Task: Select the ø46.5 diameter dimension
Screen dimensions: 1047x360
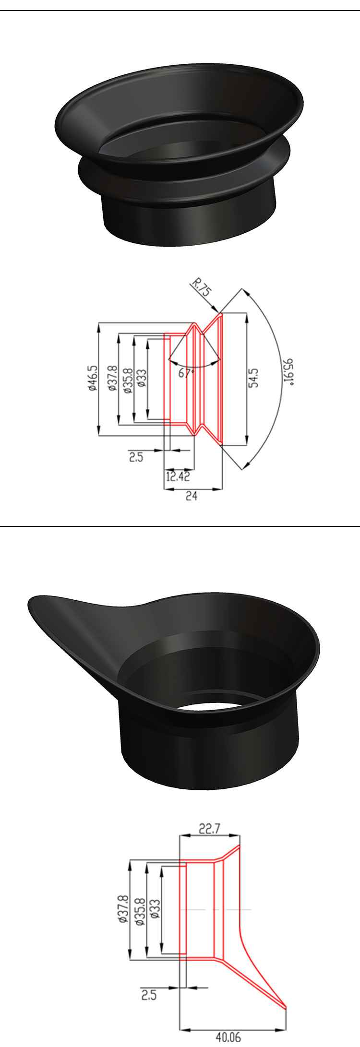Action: [93, 379]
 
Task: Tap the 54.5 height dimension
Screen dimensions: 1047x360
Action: [254, 378]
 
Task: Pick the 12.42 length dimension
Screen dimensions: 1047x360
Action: [178, 476]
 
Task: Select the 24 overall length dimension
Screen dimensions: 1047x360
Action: [192, 496]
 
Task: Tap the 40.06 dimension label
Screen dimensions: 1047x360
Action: [228, 1037]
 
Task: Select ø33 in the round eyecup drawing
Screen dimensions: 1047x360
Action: [142, 378]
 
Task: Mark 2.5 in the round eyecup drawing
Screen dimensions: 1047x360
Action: [136, 457]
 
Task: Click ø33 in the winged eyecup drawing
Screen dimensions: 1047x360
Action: [155, 909]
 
